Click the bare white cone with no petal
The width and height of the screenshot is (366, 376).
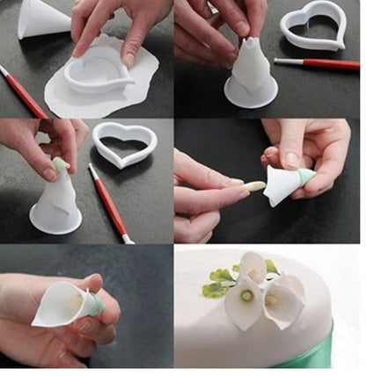42,18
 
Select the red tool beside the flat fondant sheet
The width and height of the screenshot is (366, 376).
24,91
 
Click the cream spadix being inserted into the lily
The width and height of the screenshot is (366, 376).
254,187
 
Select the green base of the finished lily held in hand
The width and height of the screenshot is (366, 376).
95,305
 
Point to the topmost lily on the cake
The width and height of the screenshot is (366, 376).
253,265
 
